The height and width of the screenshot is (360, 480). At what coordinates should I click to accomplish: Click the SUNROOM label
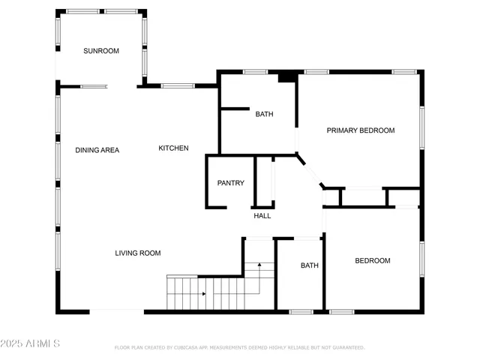click(101, 51)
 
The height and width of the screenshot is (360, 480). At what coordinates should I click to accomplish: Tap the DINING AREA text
click(97, 150)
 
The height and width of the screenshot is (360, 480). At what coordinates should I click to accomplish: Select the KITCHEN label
click(173, 148)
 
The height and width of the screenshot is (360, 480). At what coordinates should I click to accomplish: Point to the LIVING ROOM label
click(138, 253)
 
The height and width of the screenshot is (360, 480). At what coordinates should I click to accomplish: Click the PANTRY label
click(231, 183)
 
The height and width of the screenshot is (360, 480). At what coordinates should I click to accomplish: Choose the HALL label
click(262, 216)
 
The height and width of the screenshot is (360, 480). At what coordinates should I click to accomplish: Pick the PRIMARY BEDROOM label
click(360, 130)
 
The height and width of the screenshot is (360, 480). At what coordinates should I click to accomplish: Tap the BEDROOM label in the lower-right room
click(373, 261)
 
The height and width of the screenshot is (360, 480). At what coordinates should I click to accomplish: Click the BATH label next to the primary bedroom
click(264, 115)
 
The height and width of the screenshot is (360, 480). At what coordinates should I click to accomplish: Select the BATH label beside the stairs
click(310, 265)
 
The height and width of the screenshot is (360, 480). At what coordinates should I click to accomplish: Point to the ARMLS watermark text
click(30, 343)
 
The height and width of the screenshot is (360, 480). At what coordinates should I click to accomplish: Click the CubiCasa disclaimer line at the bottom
click(239, 348)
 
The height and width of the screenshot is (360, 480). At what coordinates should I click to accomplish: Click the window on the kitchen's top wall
click(178, 85)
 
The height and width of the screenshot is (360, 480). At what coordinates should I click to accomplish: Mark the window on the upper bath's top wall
click(256, 72)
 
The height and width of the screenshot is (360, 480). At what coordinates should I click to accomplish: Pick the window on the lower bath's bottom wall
click(301, 311)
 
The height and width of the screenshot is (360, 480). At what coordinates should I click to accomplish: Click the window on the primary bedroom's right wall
click(422, 127)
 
